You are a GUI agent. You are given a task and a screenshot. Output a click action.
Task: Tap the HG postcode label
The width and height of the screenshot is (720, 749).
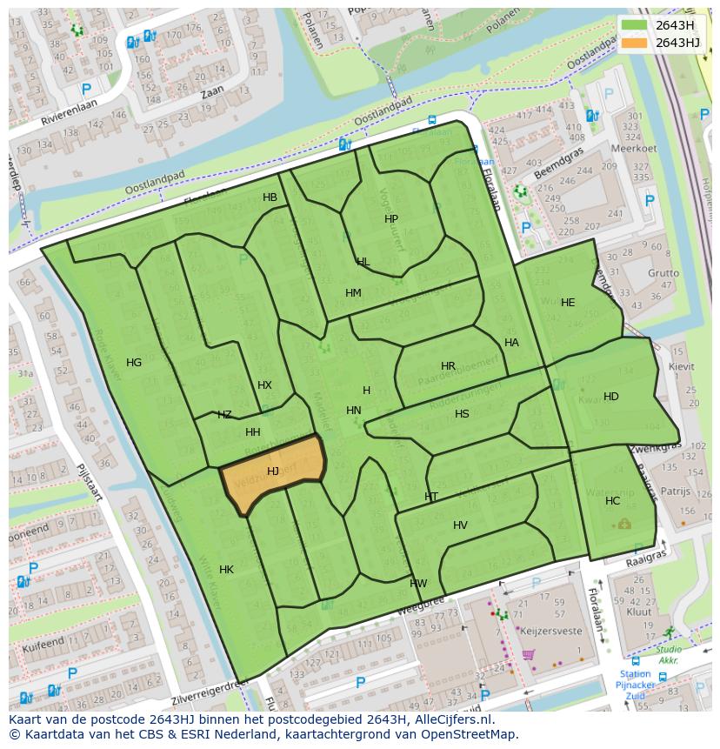tap(134, 363)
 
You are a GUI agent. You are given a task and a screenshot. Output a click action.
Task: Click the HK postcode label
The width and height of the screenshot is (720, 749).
tap(226, 570)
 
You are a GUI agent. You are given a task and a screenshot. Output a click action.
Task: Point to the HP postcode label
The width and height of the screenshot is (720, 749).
tap(391, 219)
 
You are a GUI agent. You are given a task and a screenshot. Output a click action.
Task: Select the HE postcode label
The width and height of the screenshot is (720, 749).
tap(568, 303)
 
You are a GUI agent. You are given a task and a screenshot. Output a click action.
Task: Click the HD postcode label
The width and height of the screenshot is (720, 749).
tap(611, 397)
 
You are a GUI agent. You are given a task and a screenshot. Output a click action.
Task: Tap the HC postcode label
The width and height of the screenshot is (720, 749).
tap(613, 501)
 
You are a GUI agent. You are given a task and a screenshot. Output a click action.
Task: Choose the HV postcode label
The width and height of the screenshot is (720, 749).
tap(460, 525)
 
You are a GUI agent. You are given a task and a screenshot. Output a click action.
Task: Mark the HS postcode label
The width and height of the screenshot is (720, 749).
tap(462, 414)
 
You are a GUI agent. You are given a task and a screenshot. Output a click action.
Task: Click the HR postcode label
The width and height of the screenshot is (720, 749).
tap(448, 366)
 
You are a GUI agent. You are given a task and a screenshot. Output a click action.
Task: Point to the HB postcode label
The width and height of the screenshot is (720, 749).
tap(270, 197)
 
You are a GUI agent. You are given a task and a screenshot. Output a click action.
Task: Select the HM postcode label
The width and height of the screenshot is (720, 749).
tap(353, 293)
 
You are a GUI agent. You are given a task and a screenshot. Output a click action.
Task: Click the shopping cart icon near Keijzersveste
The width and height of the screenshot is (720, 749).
tap(528, 654)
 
